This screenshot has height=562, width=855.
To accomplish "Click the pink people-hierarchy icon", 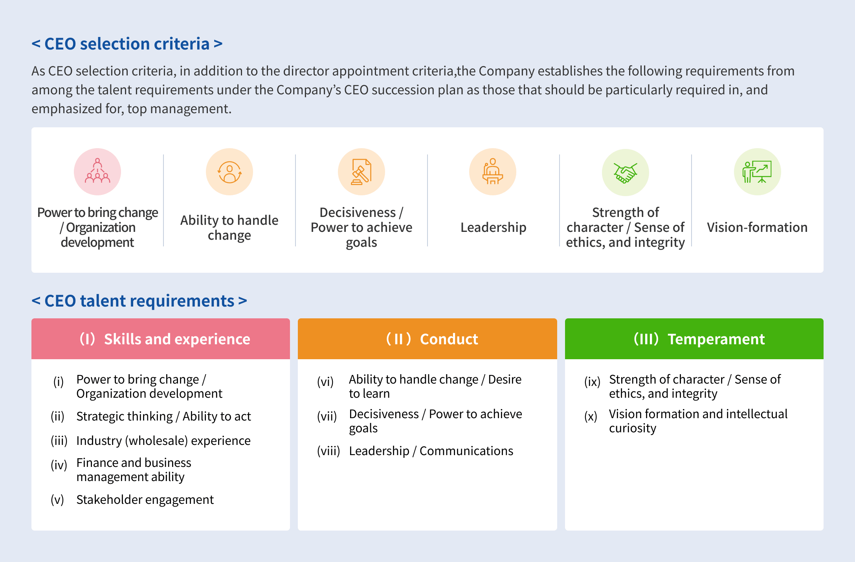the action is coord(97,171).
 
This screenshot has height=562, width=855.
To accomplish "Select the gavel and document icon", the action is coord(361,171).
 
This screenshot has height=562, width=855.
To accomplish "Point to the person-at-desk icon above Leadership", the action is coord(492,171).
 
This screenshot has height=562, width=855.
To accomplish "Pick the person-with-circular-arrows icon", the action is coord(229,172).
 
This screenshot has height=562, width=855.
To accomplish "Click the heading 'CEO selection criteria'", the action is coord(127,44).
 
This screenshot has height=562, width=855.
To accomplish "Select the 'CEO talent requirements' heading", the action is coord(139,301).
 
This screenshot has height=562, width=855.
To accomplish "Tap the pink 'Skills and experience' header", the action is coord(161,339).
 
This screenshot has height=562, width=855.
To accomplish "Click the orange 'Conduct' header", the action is coord(427,339).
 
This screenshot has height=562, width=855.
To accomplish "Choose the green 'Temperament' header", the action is coord(694,339).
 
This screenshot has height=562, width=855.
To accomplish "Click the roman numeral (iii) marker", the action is coord(59,441).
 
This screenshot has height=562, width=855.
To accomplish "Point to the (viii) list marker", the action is coord(328,451).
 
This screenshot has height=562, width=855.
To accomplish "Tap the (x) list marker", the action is coord(591,417).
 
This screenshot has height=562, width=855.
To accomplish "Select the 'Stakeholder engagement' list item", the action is coord(145,500).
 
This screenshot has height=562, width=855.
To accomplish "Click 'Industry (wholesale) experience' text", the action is coord(163,441).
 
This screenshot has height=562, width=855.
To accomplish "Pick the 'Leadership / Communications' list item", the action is coord(431,451).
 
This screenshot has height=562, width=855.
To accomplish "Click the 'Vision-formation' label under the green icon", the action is coord(757,227).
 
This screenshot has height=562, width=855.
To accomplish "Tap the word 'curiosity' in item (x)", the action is coord(633,428).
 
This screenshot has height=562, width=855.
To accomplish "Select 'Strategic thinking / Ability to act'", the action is coord(163,416).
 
